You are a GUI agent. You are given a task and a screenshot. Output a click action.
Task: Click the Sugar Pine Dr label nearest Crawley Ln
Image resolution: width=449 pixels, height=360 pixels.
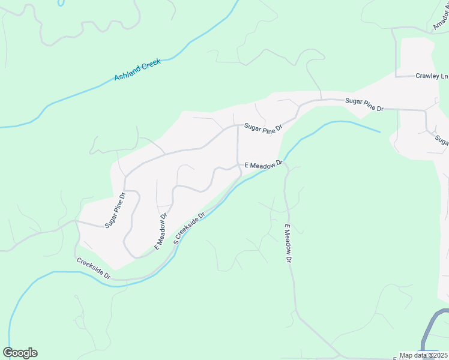coord(364,104)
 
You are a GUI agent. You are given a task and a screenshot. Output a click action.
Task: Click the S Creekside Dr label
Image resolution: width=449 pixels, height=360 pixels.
coord(189,226)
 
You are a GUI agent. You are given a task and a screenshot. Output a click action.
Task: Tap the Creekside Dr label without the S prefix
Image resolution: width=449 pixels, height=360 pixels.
coord(94,268)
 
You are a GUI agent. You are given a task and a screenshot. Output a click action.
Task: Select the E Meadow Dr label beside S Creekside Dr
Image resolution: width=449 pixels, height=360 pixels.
coord(161,230)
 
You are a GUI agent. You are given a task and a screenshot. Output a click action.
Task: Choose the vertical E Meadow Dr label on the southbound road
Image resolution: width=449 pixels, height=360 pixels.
coord(288,244)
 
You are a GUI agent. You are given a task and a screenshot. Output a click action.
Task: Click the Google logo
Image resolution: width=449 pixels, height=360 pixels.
coord(20,353)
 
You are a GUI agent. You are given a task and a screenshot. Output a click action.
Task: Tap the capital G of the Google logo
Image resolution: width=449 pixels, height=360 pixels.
coord(8,353)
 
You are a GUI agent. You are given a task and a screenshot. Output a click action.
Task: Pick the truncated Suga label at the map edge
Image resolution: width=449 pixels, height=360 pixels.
coord(442,140)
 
